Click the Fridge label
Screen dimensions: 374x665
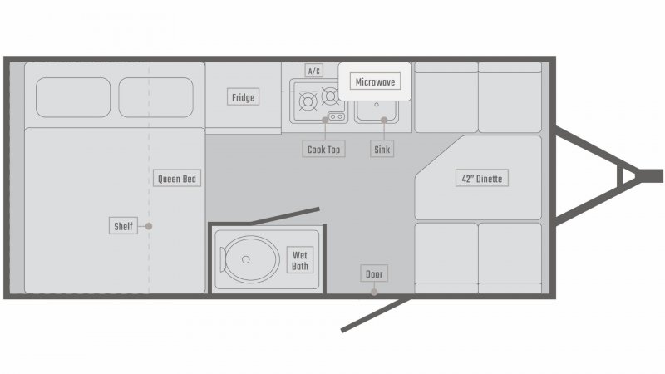click(243, 98)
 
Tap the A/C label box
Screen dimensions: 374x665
click(314, 71)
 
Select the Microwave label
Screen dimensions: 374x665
click(375, 81)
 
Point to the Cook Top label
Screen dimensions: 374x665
click(323, 150)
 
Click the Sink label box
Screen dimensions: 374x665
click(383, 150)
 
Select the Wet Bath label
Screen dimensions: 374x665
click(300, 261)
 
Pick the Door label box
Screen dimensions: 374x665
click(374, 274)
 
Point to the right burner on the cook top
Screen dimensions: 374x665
click(330, 95)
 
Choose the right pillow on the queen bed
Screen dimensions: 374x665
click(155, 97)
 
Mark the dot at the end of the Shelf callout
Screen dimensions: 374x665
click(149, 226)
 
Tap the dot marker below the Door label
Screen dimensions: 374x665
click(374, 292)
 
